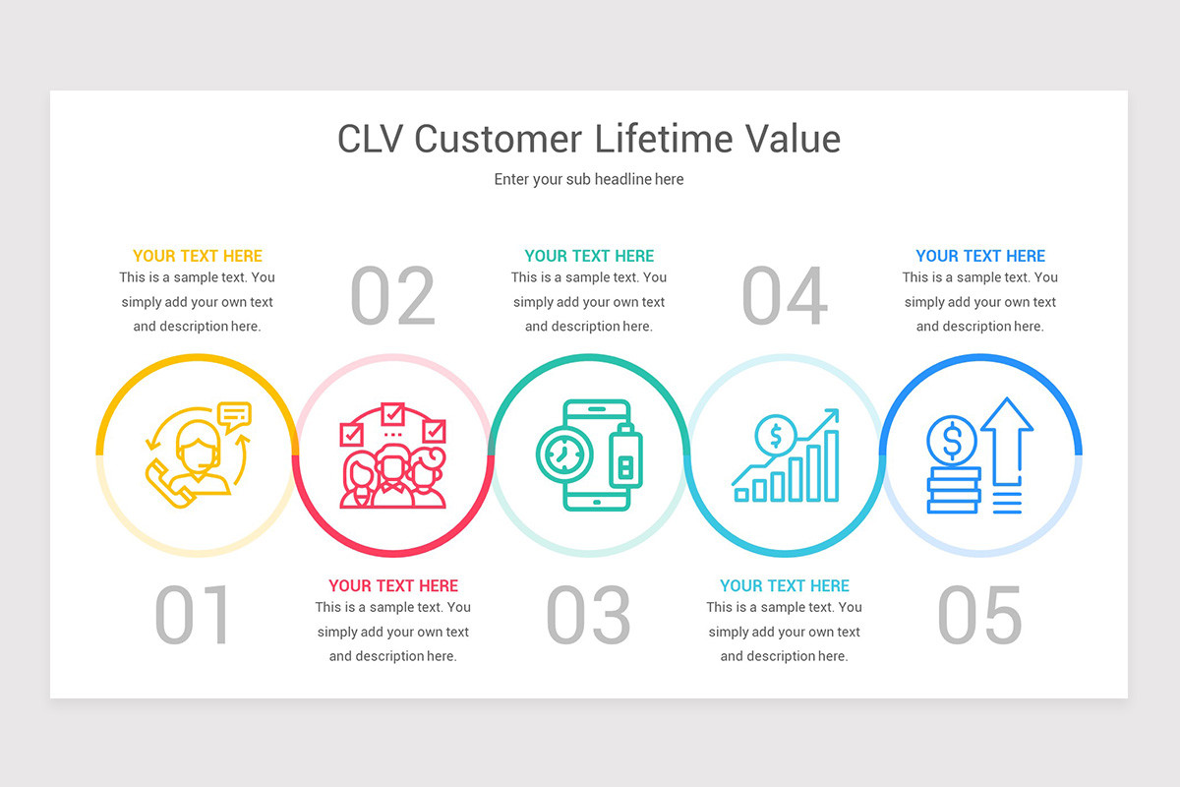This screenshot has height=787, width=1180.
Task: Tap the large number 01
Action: tap(193, 616)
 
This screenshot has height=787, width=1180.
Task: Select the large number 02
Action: tap(392, 296)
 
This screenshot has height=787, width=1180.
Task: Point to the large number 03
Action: tap(588, 616)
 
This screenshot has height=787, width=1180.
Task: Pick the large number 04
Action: tap(784, 296)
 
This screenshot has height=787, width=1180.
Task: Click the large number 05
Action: tap(979, 616)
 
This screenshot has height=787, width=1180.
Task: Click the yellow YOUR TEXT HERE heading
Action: tap(198, 256)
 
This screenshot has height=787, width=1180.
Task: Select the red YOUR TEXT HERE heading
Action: tap(393, 585)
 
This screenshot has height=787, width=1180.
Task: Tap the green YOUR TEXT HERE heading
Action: tap(589, 256)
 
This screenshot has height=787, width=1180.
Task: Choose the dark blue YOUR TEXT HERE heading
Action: tap(980, 256)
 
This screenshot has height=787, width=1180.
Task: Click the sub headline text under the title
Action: tap(589, 179)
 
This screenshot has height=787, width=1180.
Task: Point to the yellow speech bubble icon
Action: tap(234, 417)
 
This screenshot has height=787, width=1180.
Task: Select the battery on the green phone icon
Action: tap(623, 457)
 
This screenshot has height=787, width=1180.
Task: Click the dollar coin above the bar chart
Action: tap(776, 434)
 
